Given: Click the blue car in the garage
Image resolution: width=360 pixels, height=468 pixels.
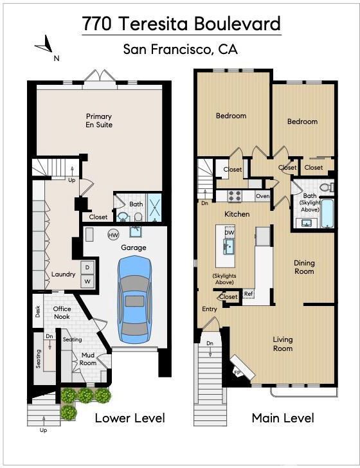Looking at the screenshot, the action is pos(134,300).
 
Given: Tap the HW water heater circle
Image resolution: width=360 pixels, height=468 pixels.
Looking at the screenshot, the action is pos(113,235).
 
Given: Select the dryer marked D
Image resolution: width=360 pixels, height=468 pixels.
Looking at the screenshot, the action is pos(87,267).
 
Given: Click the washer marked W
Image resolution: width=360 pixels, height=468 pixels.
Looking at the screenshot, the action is pos(87,281).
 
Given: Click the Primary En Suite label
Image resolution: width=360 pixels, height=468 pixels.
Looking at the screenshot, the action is pos(99,121).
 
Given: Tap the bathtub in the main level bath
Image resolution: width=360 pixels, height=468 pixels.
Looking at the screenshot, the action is pos(327,213).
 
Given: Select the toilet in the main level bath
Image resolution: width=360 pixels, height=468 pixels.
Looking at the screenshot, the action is pos(327,187).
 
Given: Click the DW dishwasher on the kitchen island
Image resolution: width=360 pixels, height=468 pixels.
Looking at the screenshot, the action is pos(230,232).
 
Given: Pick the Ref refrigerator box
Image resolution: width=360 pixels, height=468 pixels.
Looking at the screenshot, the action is pos(248,293).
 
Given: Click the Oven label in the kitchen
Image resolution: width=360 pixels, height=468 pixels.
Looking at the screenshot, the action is pos(263,196).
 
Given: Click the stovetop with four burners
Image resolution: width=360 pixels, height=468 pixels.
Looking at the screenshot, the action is pos(235,196).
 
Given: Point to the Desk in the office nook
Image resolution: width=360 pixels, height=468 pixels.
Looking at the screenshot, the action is pos(38,311).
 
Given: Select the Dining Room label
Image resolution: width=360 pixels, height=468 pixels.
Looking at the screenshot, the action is pos(304,267).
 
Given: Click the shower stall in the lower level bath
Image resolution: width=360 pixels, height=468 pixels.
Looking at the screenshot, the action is pos(154,208).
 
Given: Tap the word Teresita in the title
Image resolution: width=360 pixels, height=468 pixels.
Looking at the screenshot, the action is pos(155,24).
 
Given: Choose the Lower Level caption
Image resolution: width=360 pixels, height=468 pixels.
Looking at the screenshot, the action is pos(130,418).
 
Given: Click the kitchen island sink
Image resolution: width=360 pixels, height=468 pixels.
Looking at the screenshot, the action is pos(229,246).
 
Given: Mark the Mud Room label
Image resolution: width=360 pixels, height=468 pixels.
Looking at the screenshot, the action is pos(88,359).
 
